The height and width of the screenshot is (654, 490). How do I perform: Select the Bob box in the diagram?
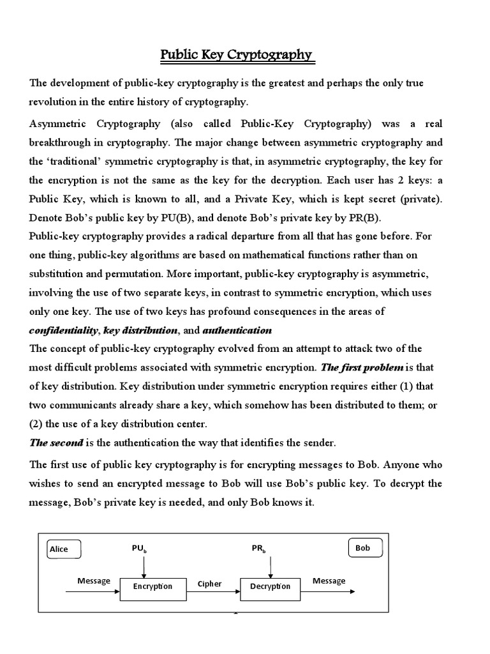pyautogui.click(x=365, y=548)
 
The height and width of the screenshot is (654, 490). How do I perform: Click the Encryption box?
pyautogui.click(x=152, y=586)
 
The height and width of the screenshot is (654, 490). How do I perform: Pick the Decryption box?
pyautogui.click(x=270, y=586)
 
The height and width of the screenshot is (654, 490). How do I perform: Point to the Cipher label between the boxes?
pyautogui.click(x=209, y=584)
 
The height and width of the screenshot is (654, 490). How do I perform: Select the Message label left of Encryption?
pyautogui.click(x=94, y=581)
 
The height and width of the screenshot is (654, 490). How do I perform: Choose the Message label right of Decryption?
pyautogui.click(x=329, y=581)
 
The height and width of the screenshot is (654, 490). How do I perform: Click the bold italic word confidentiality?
pyautogui.click(x=64, y=331)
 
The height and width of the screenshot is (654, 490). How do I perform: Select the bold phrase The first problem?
pyautogui.click(x=362, y=367)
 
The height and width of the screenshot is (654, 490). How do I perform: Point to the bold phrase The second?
pyautogui.click(x=56, y=443)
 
